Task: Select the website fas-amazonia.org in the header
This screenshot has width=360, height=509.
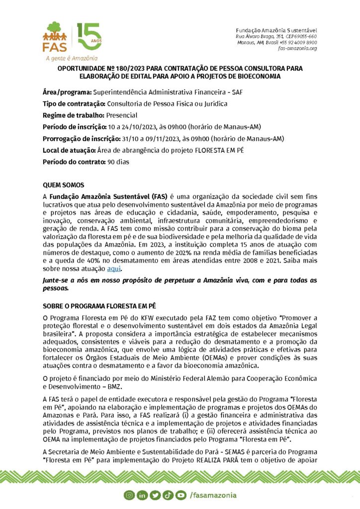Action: point(297,48)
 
